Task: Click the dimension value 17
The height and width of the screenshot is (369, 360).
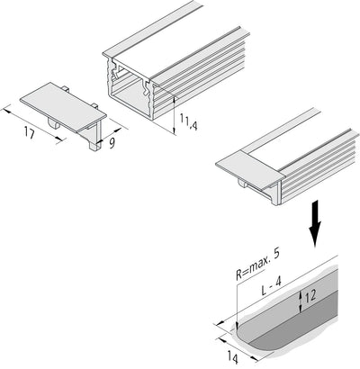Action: coord(30,132)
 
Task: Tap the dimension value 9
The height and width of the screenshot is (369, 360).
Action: coord(112,143)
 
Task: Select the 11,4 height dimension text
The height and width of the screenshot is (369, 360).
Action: coord(188,121)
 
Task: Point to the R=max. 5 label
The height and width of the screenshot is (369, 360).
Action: coord(257,265)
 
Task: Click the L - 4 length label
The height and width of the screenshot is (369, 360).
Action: coord(271,286)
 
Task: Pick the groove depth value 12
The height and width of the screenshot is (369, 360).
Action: coord(310,296)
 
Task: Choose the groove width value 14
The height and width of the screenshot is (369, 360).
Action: coord(232,358)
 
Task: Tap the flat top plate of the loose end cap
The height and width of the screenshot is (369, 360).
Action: coord(63,107)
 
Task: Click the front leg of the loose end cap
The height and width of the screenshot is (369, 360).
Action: coord(96,135)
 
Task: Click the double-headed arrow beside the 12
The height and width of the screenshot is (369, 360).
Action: coord(301,302)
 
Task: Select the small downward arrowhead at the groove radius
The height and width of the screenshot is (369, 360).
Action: coord(237,326)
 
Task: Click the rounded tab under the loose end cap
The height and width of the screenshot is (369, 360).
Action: coord(53,124)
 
